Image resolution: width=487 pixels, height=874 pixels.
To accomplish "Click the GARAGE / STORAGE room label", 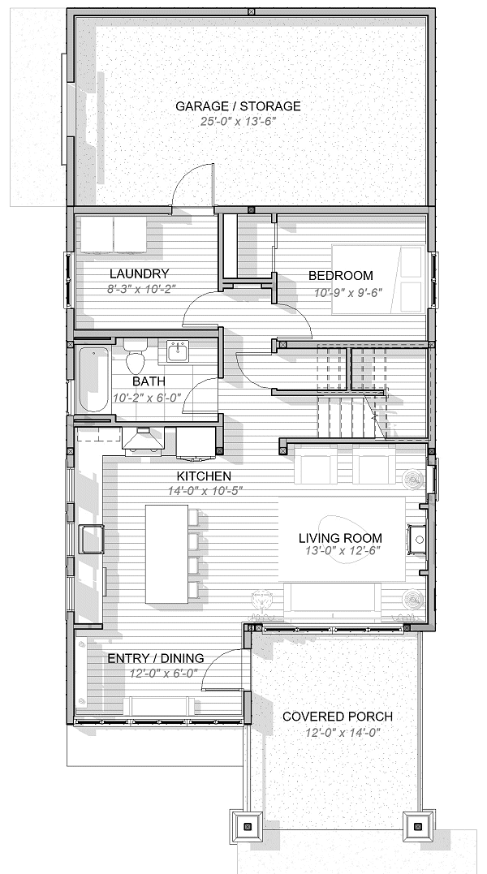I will click(238, 106).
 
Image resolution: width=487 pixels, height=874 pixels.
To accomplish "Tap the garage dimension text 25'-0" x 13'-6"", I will click(238, 121).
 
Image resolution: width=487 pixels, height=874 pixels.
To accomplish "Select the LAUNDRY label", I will click(139, 274).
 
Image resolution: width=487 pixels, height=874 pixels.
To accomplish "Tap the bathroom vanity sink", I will click(177, 351).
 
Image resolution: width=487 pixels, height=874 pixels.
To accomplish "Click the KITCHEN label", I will click(204, 476).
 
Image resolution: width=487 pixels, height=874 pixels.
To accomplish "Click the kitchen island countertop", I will click(166, 554).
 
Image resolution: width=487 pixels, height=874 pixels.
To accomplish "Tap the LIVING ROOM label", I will click(340, 538).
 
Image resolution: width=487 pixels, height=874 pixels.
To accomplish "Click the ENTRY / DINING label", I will click(156, 658).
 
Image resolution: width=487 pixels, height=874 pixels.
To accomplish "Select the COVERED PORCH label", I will click(337, 717).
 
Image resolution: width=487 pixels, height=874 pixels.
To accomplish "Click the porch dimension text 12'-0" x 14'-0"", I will click(337, 732).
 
